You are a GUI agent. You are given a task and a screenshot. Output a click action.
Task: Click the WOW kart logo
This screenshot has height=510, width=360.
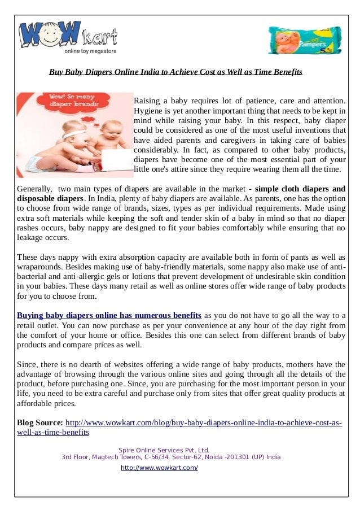pyautogui.click(x=68, y=37)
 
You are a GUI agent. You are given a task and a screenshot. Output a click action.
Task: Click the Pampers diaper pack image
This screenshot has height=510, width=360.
pyautogui.click(x=304, y=40)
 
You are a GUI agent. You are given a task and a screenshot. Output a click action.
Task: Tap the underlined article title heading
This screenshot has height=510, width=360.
pyautogui.click(x=175, y=72)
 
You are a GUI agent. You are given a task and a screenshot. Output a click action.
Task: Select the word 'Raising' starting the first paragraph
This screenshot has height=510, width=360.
pyautogui.click(x=147, y=100)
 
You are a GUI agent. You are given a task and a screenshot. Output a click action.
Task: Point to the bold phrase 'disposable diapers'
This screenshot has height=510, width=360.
pyautogui.click(x=51, y=198)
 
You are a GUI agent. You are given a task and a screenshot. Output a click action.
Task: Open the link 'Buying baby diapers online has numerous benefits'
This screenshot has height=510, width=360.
pyautogui.click(x=109, y=315)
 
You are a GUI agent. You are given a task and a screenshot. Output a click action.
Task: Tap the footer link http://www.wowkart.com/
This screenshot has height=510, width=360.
pyautogui.click(x=159, y=468)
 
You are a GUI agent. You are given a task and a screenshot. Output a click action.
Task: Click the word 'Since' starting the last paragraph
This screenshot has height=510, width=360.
pyautogui.click(x=27, y=364)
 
